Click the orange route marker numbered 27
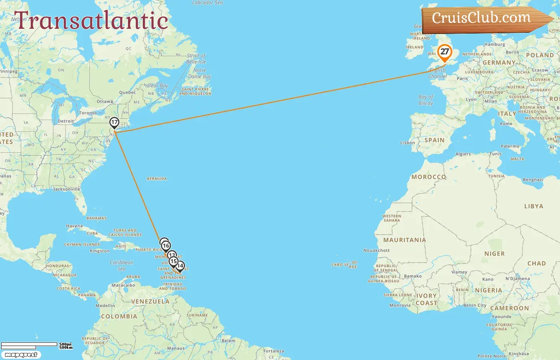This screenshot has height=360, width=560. click(444, 52)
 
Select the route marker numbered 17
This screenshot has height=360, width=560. click(114, 122)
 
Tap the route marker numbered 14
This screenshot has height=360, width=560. click(180, 266)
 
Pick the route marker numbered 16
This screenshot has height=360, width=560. click(166, 246)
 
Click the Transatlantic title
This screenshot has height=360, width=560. click(91, 21)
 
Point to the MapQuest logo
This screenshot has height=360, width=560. click(21, 355)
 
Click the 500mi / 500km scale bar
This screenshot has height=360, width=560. click(36, 346)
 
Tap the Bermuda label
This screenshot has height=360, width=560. click(157, 179)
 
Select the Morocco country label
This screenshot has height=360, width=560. click(428, 177)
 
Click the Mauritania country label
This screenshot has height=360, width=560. click(404, 240)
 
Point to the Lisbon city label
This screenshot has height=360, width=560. click(407, 143)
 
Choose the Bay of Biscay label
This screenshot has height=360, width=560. click(426, 100)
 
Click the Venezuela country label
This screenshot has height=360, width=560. click(150, 302)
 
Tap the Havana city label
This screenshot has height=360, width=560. click(74, 226)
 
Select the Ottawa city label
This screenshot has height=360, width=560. click(105, 102)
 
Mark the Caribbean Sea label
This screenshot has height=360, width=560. click(122, 266)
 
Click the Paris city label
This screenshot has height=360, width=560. click(462, 79)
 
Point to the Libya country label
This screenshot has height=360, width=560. click(534, 206)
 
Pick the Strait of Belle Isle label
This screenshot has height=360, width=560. click(196, 59)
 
